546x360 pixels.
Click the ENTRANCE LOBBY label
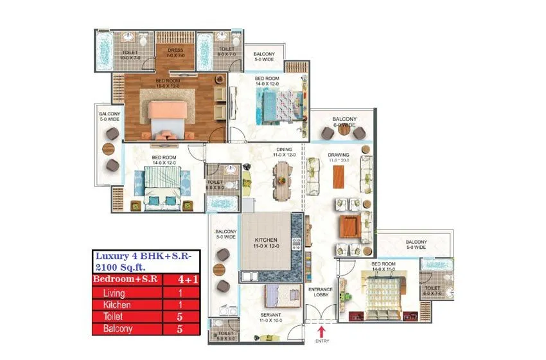319,292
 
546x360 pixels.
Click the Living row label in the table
116,292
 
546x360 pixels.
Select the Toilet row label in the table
116,316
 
